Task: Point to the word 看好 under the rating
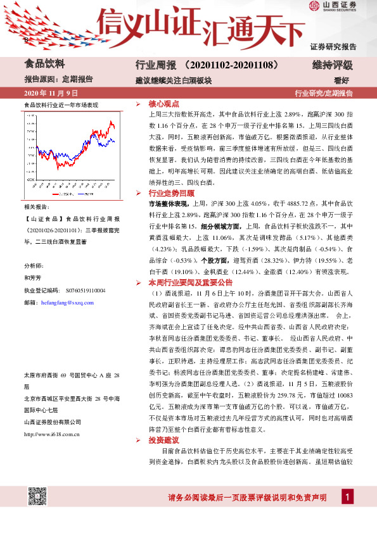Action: (343, 80)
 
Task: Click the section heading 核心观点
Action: (163, 103)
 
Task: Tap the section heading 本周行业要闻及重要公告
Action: (191, 283)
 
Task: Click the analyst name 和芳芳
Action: (32, 277)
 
